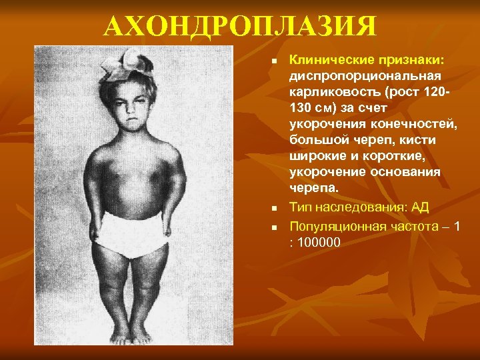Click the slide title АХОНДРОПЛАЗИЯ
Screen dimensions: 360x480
(239, 28)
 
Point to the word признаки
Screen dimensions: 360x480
(407, 61)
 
